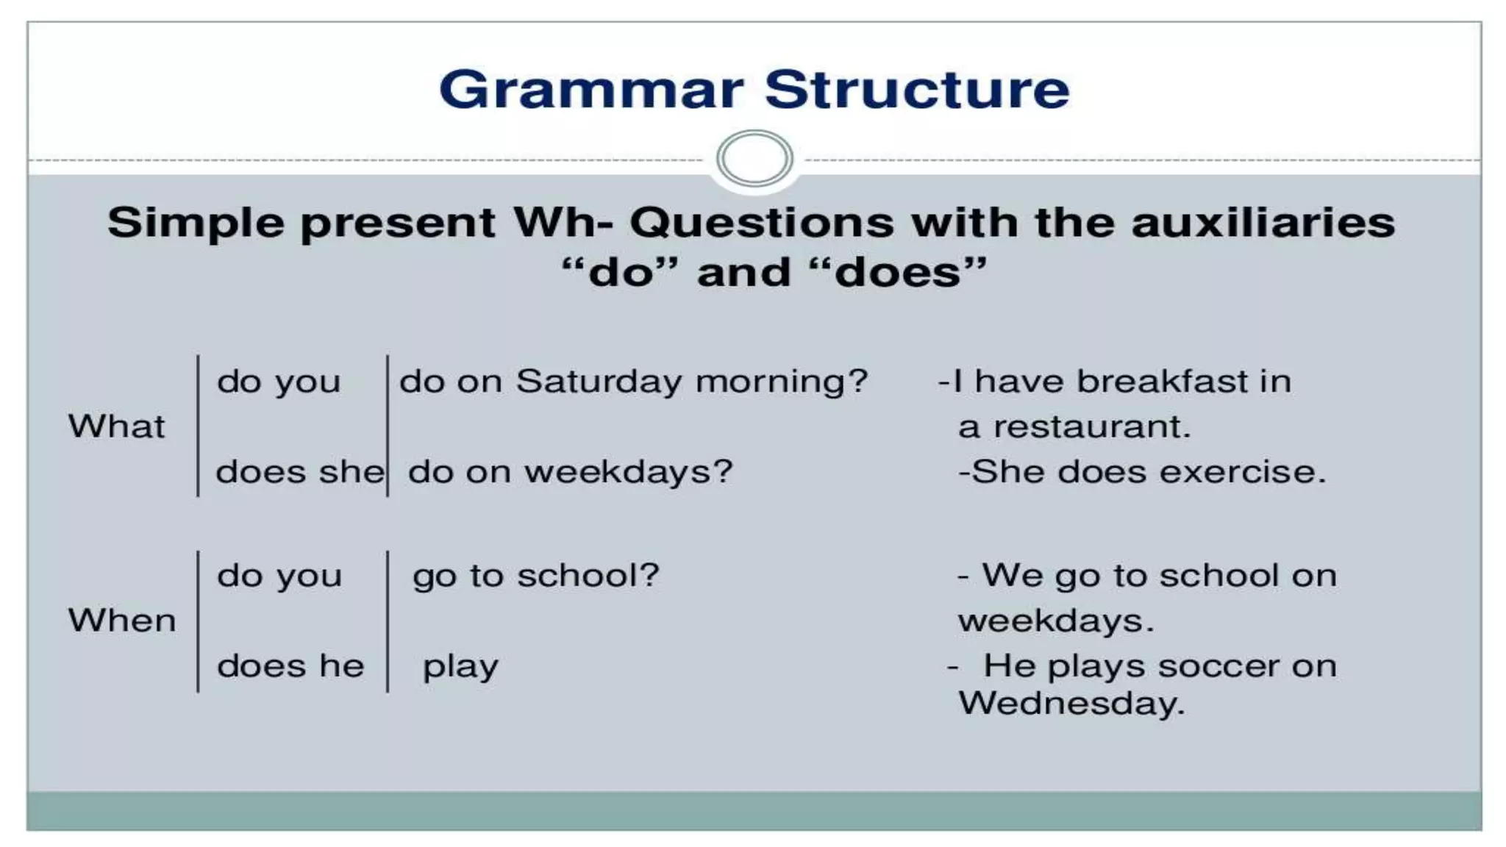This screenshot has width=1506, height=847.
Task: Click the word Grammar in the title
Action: pyautogui.click(x=591, y=90)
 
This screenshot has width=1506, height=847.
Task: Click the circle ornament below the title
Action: pyautogui.click(x=754, y=158)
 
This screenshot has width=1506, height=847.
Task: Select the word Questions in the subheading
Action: pyautogui.click(x=762, y=222)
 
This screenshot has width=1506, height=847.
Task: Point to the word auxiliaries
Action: pyautogui.click(x=1263, y=222)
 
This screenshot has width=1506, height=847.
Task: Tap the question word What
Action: pyautogui.click(x=116, y=426)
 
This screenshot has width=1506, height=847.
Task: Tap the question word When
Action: pyautogui.click(x=122, y=621)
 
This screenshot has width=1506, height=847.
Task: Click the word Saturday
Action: pyautogui.click(x=599, y=382)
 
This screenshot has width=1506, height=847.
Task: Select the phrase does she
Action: pyautogui.click(x=299, y=472)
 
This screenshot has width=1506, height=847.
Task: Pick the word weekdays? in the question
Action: pyautogui.click(x=629, y=472)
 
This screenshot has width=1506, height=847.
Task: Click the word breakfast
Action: pyautogui.click(x=1162, y=382)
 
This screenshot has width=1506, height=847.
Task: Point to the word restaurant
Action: pyautogui.click(x=1091, y=427)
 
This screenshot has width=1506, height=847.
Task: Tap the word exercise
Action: pyautogui.click(x=1254, y=472)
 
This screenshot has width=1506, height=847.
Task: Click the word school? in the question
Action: pyautogui.click(x=588, y=576)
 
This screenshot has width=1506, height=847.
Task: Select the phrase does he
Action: pyautogui.click(x=290, y=666)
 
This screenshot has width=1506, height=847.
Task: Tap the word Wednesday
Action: pyautogui.click(x=1071, y=704)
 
